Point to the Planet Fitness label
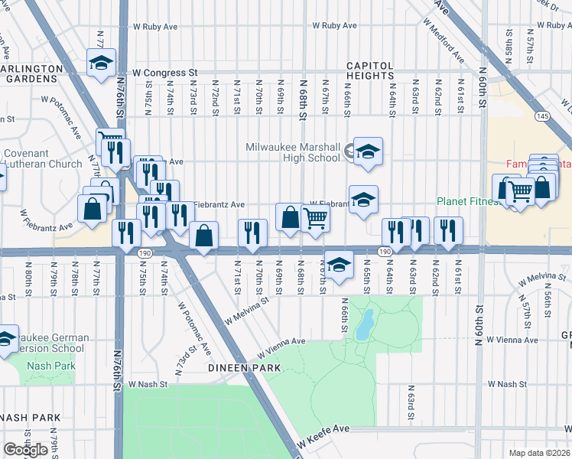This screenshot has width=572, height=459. pyautogui.click(x=466, y=202)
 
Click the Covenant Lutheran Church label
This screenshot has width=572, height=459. pyautogui.click(x=43, y=159)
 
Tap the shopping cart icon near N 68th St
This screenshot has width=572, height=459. pyautogui.click(x=315, y=219)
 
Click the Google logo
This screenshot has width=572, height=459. pyautogui.click(x=25, y=450)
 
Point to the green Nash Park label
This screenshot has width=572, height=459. pyautogui.click(x=51, y=365)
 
